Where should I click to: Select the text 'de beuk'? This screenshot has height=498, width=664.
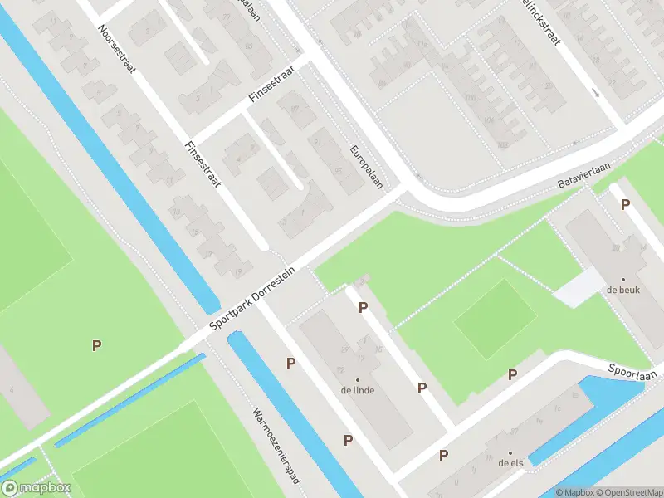point(622,291)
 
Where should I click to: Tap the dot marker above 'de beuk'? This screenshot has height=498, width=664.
point(623,279)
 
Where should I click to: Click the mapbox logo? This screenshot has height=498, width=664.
point(37,488)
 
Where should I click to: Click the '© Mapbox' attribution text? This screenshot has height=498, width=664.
point(574,491)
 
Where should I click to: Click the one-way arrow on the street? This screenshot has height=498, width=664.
point(596,93)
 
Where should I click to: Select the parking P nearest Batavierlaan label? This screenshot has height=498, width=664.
point(624,204)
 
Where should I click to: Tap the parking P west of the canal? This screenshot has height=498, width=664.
point(97,345)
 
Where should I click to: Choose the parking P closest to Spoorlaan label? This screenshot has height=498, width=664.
point(512,374)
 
